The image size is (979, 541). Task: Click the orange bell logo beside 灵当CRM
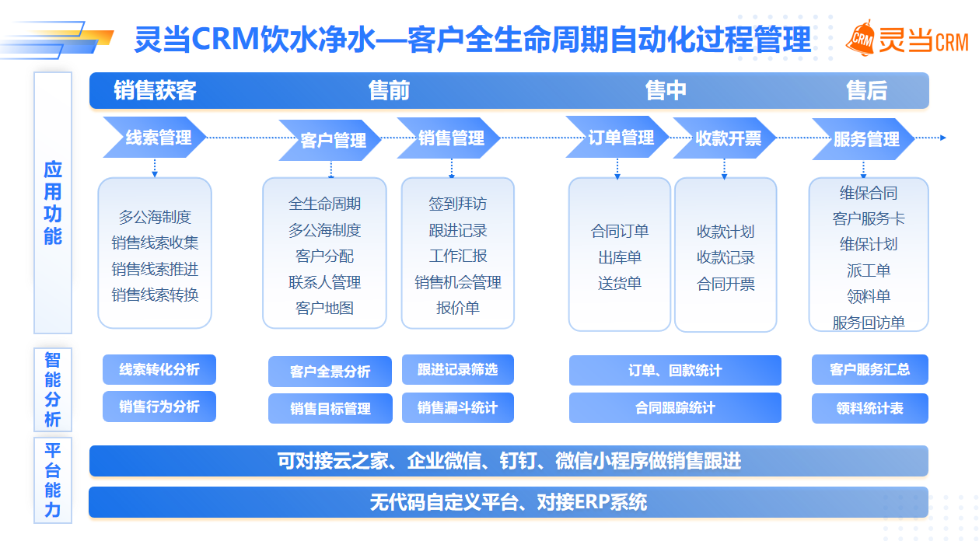[x=861, y=38]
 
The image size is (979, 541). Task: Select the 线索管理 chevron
[x=156, y=138]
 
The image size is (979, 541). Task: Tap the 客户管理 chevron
[x=331, y=141]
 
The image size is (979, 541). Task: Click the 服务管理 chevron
[x=865, y=139]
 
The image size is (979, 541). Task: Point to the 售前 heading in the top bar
[x=389, y=91]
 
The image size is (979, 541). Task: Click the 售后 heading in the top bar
[x=866, y=91]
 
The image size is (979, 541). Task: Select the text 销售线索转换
[x=155, y=295]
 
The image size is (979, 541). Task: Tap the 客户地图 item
[x=324, y=308]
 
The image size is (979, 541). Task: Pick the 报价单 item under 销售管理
[x=457, y=308]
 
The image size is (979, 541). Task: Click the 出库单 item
[x=619, y=257]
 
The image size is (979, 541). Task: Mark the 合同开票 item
[x=726, y=284]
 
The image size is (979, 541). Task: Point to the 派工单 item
[x=869, y=270]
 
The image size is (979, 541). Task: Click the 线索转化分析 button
[x=159, y=370]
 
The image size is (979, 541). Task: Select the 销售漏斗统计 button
[x=457, y=407]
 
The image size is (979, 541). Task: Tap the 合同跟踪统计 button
[x=675, y=407]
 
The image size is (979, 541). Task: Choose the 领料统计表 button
[x=869, y=408]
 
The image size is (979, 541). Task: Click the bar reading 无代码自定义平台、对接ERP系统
[x=509, y=502]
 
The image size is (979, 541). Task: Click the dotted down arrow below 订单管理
[x=618, y=167]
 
